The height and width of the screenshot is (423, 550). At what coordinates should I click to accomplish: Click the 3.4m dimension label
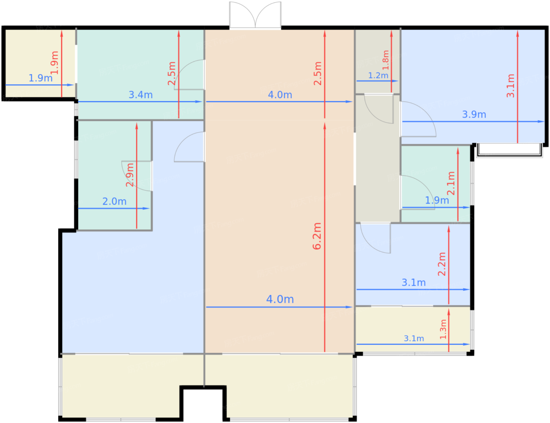pos(141,95)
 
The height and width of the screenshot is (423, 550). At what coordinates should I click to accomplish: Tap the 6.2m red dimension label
pos(317,236)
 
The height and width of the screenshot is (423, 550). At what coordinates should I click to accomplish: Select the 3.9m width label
pos(474,115)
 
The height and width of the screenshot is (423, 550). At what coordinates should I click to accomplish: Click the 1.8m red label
pos(385,60)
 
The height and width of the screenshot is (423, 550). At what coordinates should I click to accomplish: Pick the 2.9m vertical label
pos(130,175)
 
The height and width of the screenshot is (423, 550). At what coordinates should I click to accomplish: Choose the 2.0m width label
pos(114,201)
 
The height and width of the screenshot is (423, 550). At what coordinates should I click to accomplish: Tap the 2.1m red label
pos(451,183)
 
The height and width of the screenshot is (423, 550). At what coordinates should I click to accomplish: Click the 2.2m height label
pos(442,264)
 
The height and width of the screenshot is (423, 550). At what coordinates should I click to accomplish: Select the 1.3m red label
pos(443,329)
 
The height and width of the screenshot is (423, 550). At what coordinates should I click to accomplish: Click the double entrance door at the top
pos(255,15)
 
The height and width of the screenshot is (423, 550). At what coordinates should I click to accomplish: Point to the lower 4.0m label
pos(280,299)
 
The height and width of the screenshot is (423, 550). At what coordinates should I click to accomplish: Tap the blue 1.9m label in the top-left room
pos(40,78)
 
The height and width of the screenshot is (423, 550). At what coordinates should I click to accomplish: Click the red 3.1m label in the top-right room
pos(510,86)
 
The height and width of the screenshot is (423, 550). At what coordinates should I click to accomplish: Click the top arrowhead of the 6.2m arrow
pos(324,126)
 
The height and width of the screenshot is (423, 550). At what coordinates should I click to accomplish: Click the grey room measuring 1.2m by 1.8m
pos(377,61)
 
